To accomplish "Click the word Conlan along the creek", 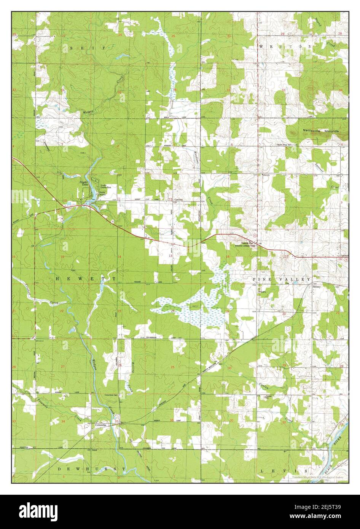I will click(264, 386).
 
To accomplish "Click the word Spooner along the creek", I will click(319, 166).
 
